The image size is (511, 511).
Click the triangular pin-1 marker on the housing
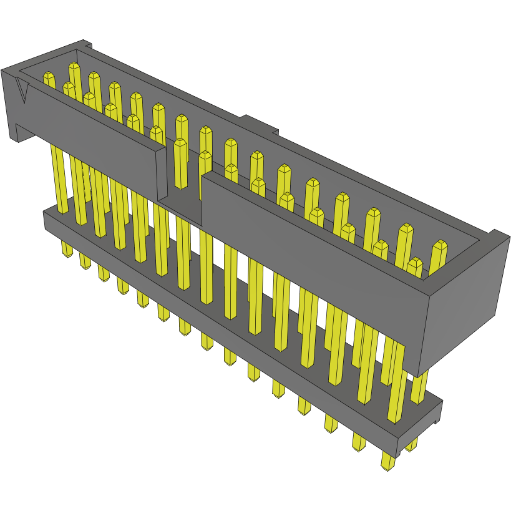pos(24,92)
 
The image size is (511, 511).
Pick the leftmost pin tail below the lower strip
pos(67,250)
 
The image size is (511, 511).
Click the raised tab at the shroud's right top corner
pos(499,235)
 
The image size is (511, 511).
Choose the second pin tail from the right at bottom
pos(387,462)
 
